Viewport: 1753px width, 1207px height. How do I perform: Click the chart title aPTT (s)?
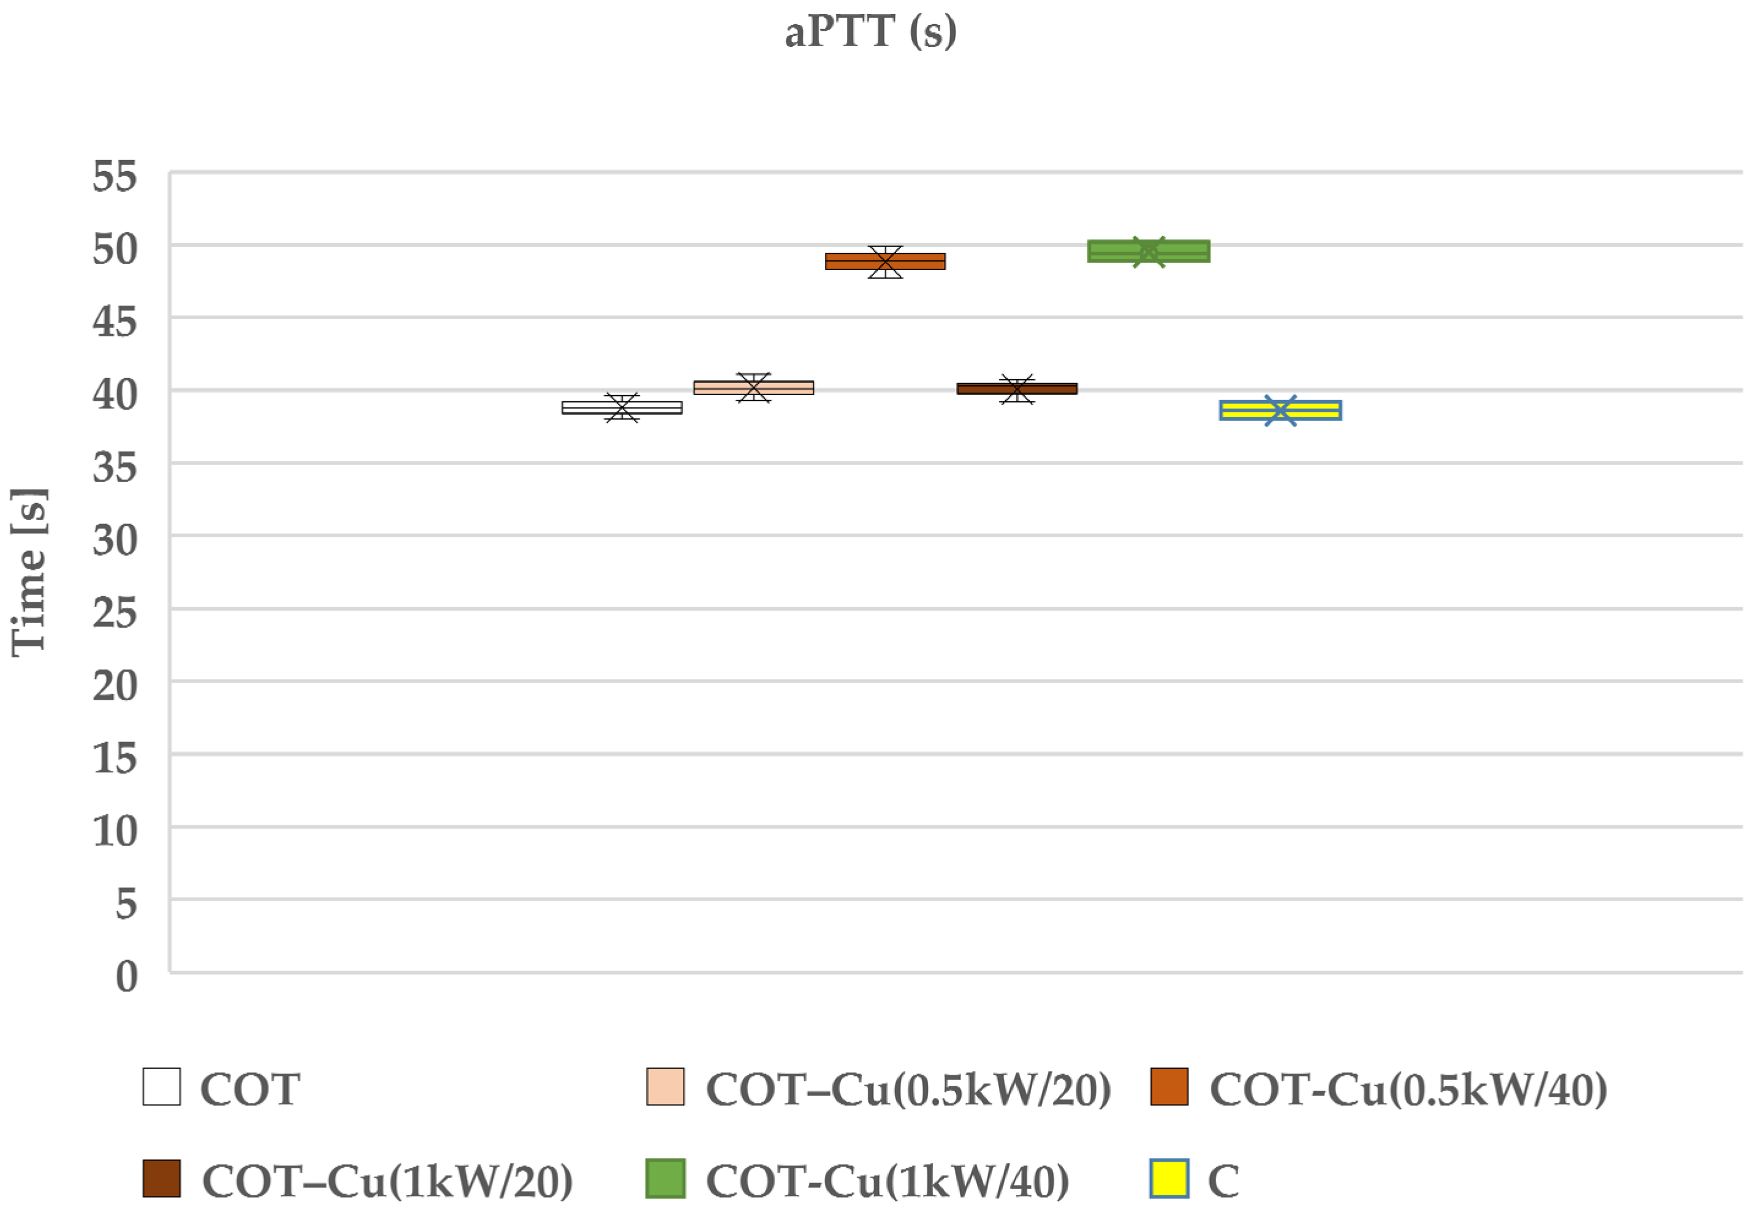coord(870,32)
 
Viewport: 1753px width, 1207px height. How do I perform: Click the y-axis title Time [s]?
coord(29,572)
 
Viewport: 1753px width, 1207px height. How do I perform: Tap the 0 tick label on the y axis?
coord(126,977)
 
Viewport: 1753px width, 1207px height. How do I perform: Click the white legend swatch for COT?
coord(161,1087)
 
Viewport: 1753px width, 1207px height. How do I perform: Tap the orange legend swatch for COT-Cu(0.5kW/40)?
coord(1168,1087)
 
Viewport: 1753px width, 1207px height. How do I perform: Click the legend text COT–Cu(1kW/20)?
coord(387,1180)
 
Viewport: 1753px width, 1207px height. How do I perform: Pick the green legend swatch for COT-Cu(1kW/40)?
coord(665,1178)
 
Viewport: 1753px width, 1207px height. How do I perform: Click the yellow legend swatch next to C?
coord(1168,1178)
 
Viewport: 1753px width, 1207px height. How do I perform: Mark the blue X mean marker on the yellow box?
coord(1280,411)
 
